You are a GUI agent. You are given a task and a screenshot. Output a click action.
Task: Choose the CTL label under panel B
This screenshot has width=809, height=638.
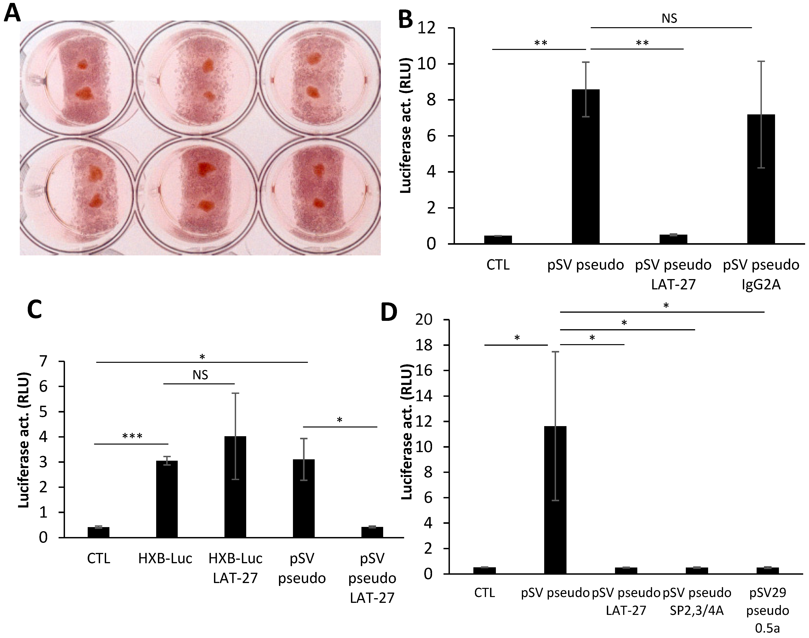pos(498,265)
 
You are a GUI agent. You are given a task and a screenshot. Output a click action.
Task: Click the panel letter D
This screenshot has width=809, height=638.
pos(389,312)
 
